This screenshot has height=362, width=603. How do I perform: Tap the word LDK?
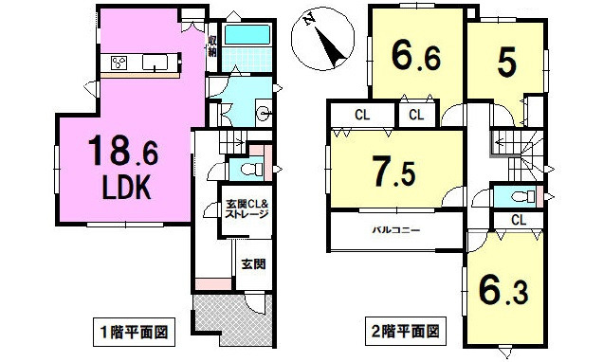(x=126, y=189)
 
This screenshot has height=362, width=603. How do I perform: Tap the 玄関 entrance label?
(x=251, y=264)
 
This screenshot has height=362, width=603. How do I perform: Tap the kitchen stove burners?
(x=119, y=63)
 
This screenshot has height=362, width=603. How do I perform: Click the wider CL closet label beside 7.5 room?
(x=361, y=116)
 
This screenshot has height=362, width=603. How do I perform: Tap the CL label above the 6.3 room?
(x=518, y=220)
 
